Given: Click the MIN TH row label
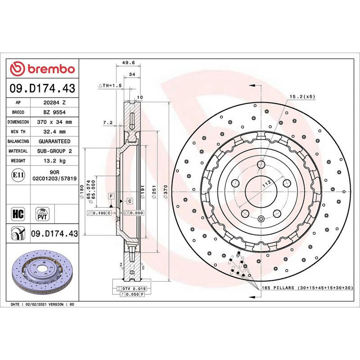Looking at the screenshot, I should pyautogui.click(x=18, y=132).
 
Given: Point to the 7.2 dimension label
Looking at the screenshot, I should pyautogui.click(x=107, y=122).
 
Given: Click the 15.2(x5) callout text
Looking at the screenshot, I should pyautogui.click(x=302, y=96).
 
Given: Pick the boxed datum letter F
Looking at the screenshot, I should pyautogui.click(x=110, y=196).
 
